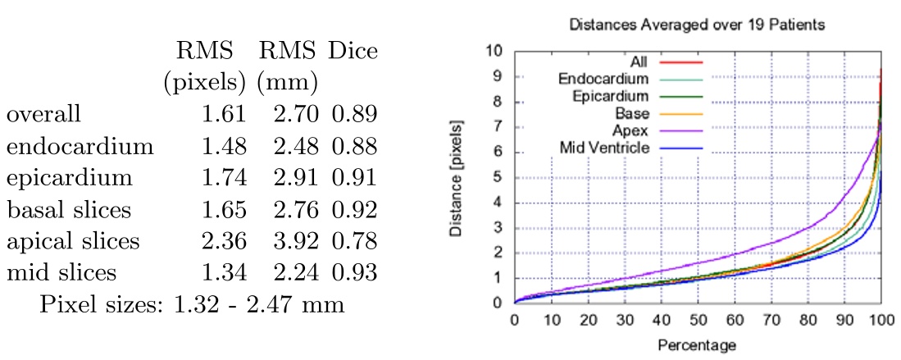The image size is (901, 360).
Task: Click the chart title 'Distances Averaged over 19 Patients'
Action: tap(697, 25)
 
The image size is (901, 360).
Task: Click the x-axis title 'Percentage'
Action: tap(697, 344)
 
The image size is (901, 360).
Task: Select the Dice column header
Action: tap(353, 51)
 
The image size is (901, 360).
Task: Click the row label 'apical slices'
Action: tap(73, 242)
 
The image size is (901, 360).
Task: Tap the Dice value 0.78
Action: tap(354, 242)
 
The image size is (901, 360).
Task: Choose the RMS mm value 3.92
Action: tap(295, 242)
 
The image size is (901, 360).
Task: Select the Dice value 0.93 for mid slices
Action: tap(354, 273)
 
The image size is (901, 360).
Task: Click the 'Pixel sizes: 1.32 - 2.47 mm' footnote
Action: tap(191, 305)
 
